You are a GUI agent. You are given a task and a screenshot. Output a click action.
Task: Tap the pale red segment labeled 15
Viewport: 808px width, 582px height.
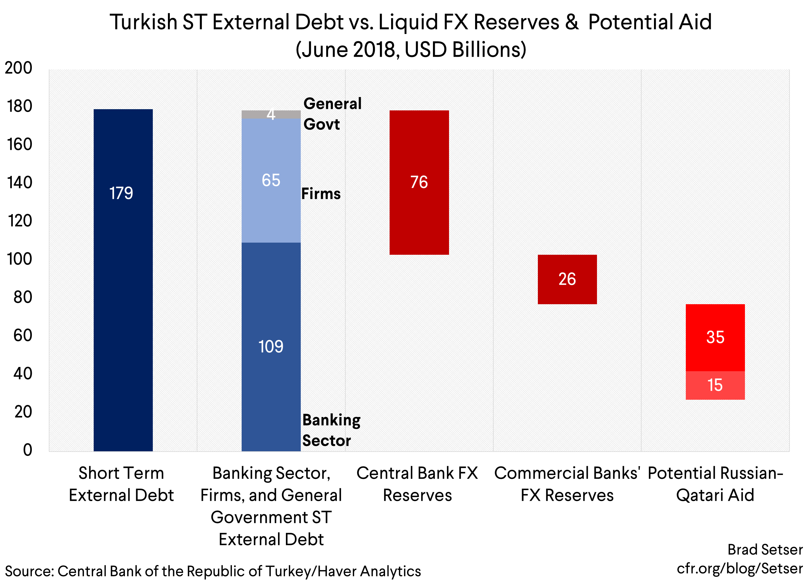coord(715,385)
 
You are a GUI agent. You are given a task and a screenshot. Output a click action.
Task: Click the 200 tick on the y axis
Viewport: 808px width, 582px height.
coord(18,68)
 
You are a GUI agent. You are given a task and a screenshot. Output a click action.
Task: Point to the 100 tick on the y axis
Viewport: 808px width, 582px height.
coord(20,259)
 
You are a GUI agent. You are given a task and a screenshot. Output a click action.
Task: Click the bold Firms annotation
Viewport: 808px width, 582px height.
coord(321,193)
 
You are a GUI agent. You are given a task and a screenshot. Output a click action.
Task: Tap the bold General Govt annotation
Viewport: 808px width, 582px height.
coord(332,114)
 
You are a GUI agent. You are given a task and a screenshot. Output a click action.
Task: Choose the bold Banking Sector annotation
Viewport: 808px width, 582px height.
coord(331,430)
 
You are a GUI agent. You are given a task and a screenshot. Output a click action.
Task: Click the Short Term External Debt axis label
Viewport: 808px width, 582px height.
coord(121,484)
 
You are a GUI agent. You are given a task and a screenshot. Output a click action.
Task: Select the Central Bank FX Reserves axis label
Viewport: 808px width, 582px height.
coord(417,484)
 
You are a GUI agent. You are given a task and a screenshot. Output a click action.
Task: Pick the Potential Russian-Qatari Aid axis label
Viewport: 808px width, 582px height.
coord(715,484)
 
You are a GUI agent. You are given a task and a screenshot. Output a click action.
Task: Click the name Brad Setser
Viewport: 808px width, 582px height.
coord(765,550)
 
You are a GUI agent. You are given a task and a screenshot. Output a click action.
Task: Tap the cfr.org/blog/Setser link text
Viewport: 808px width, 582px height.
coord(739,568)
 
